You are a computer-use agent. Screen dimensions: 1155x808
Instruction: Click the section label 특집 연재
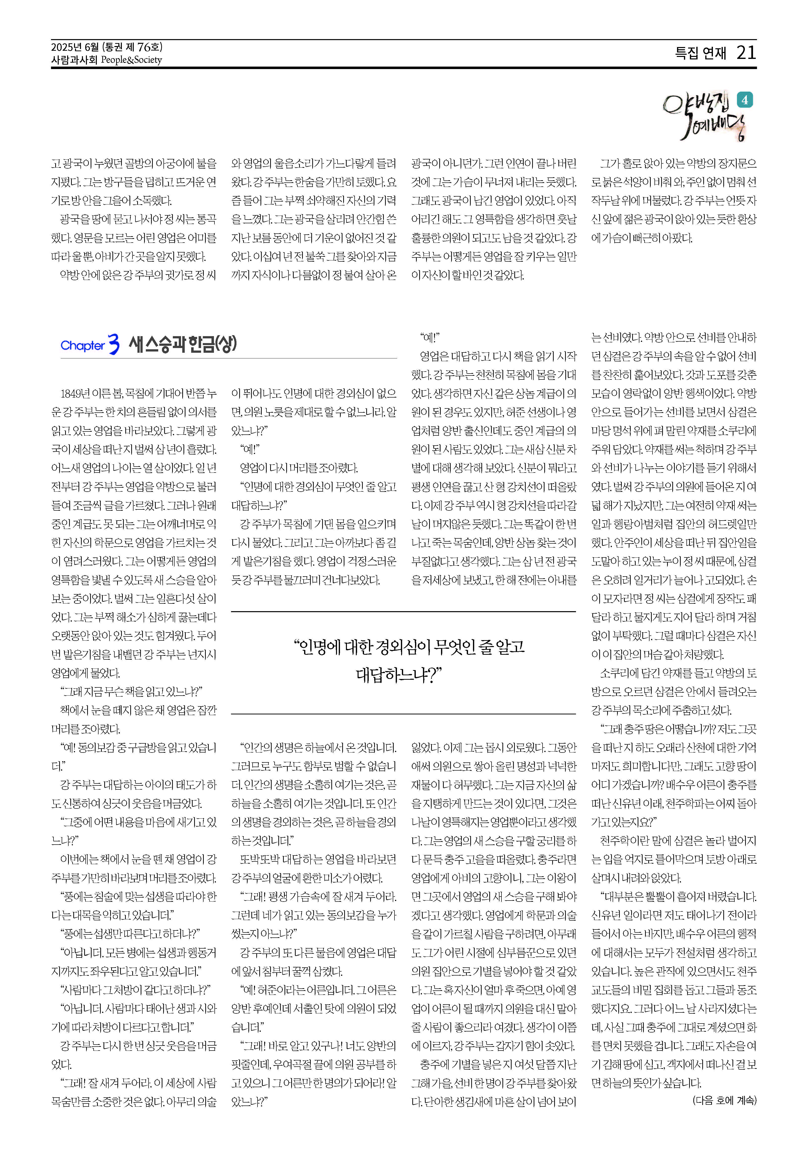coord(700,53)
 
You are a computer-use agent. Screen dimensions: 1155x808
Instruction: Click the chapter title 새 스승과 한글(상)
coord(183,344)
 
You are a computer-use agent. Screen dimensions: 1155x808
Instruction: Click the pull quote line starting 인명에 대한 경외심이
coord(409,647)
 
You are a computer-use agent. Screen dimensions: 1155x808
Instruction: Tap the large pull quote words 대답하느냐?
coord(398,675)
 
